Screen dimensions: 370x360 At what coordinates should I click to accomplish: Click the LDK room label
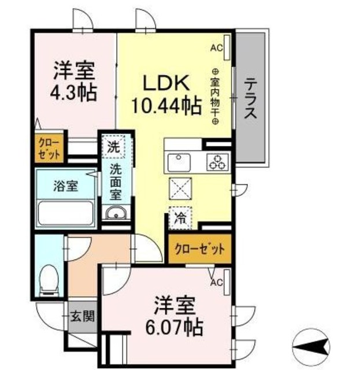pyautogui.click(x=166, y=84)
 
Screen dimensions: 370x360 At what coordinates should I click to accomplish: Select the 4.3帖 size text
pyautogui.click(x=73, y=91)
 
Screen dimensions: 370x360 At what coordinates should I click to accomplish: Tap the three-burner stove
pyautogui.click(x=218, y=162)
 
